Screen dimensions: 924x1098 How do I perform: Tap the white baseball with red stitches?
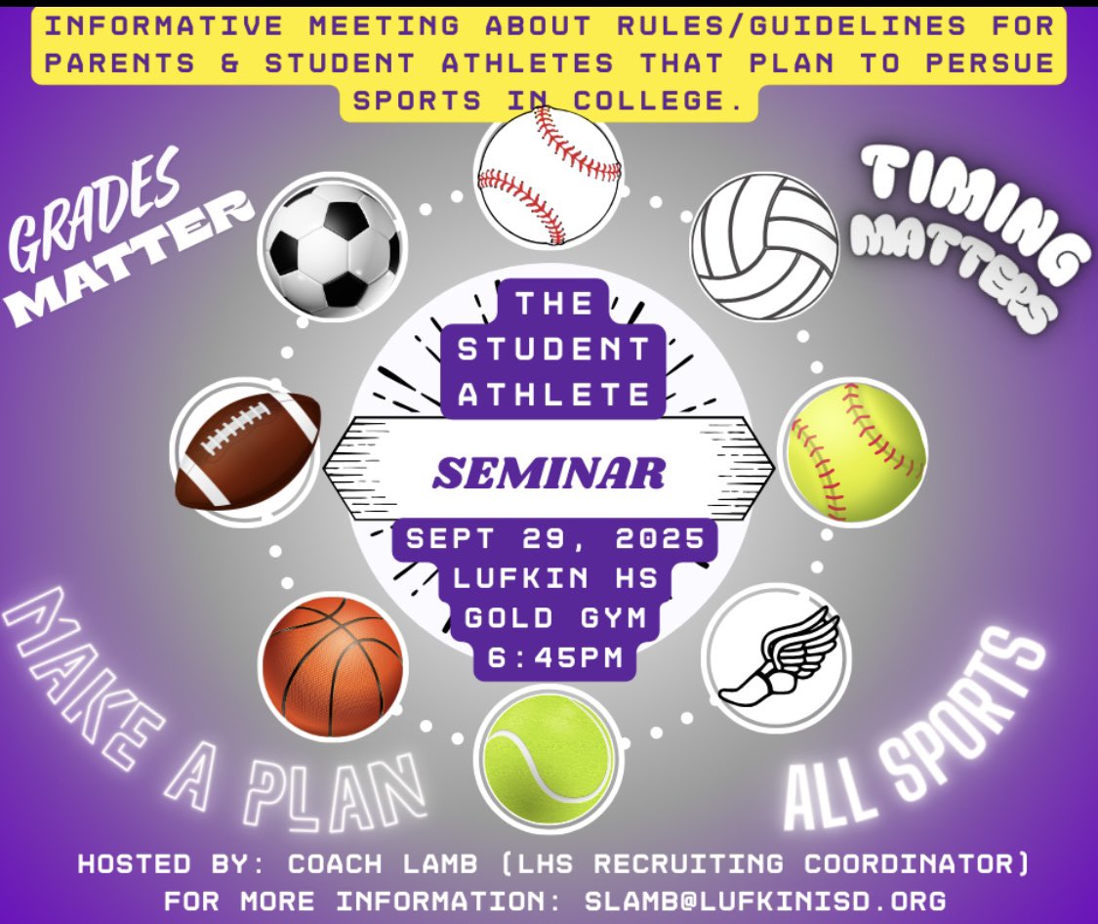[549, 176]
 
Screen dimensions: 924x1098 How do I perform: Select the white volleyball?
[764, 245]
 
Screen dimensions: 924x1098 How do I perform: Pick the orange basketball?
[332, 666]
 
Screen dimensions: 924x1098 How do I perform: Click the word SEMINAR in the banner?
[549, 474]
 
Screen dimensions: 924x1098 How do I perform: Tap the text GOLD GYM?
[553, 618]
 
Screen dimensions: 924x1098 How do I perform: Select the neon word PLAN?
[337, 785]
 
